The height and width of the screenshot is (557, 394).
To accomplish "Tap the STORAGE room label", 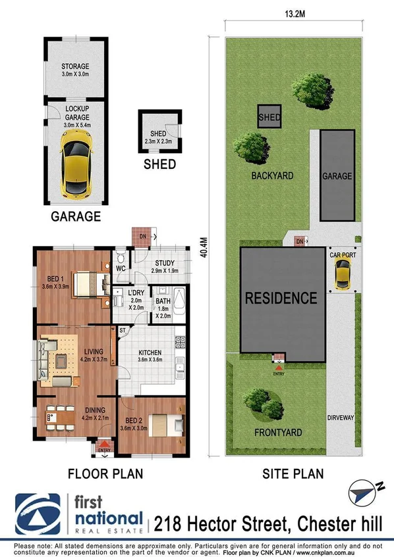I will (75, 66).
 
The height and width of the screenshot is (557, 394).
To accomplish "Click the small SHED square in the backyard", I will (269, 118).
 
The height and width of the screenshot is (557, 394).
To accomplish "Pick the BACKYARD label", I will (271, 176).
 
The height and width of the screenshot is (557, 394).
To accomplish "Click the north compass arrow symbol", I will (362, 490).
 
